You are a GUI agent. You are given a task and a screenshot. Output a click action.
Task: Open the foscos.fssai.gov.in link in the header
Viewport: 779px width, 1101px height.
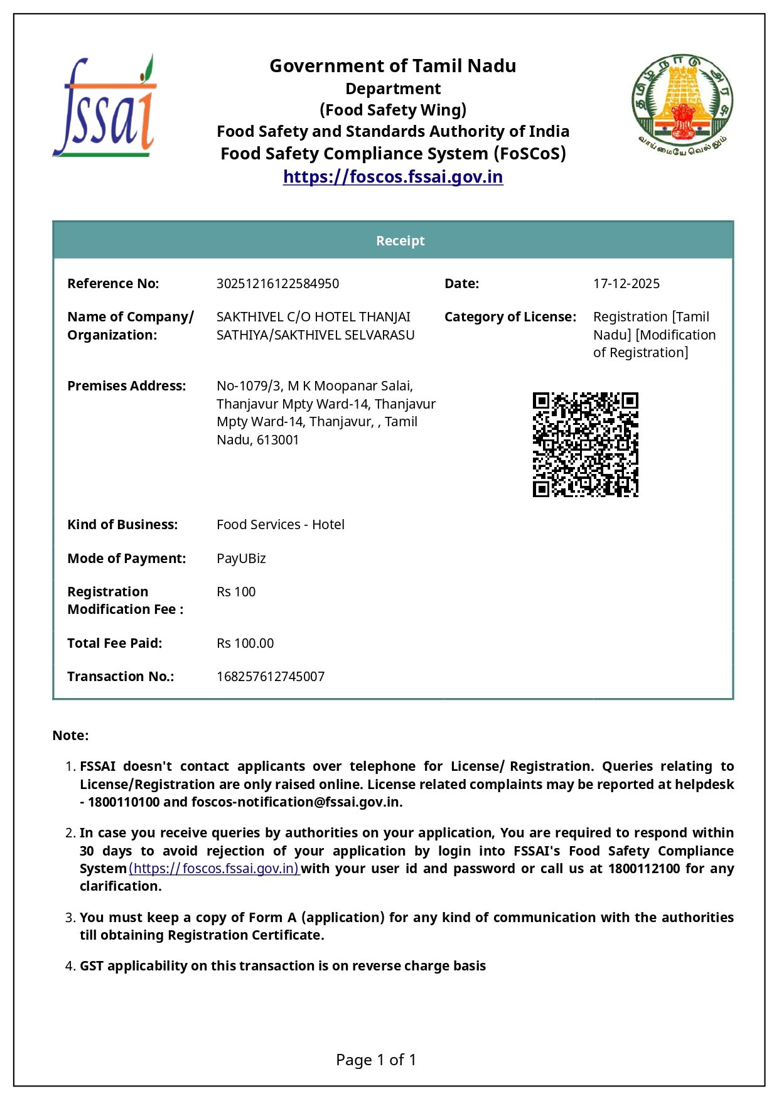click(x=393, y=177)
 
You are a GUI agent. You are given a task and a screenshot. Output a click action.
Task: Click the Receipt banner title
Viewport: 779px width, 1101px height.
click(x=400, y=241)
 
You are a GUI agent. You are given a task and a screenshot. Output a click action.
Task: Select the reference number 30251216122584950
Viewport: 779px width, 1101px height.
click(x=277, y=284)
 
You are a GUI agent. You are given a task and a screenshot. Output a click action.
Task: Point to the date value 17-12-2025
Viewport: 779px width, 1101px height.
click(x=626, y=284)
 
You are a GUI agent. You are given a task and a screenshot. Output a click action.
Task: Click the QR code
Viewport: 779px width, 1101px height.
click(x=585, y=444)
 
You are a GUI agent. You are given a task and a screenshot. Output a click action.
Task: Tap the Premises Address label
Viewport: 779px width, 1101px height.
click(x=126, y=386)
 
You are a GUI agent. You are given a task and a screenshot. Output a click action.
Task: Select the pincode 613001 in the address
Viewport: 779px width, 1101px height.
click(x=278, y=440)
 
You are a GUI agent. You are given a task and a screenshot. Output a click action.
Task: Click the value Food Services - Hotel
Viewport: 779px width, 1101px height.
click(x=280, y=525)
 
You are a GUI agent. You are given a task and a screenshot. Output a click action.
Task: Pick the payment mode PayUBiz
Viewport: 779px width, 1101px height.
click(x=241, y=559)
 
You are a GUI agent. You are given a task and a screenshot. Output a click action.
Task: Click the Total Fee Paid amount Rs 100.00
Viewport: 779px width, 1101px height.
click(x=245, y=643)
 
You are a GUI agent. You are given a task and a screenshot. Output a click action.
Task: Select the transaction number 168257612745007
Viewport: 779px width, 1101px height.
click(x=271, y=677)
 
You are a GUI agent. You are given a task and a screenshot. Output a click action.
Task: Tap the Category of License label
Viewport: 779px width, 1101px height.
click(x=510, y=317)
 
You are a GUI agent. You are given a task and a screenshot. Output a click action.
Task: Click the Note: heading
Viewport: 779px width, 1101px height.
click(x=70, y=736)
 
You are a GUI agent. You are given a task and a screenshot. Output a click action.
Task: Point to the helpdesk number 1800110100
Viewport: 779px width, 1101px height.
click(x=124, y=802)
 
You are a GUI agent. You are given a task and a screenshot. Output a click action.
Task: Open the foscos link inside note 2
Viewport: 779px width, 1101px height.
click(x=214, y=869)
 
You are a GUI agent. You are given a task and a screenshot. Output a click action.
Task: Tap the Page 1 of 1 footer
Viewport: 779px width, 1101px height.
click(x=376, y=1060)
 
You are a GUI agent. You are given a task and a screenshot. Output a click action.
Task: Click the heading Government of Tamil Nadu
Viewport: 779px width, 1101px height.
click(x=393, y=66)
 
